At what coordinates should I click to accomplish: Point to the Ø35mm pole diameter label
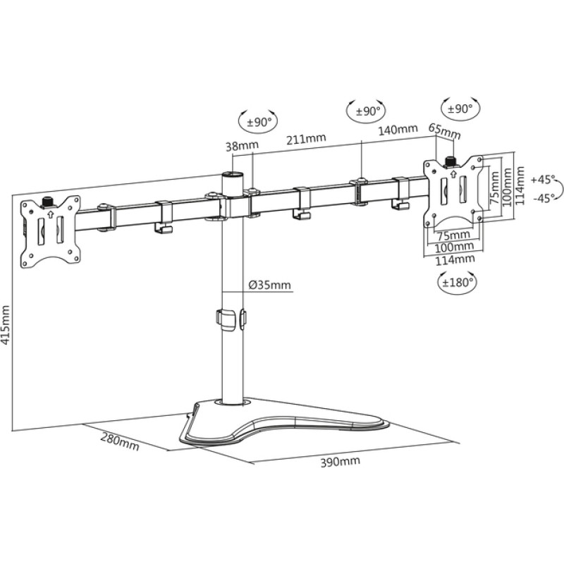[269, 285]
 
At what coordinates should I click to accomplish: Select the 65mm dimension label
[444, 131]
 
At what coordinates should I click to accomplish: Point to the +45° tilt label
[544, 178]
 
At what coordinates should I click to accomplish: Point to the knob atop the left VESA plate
[49, 201]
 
